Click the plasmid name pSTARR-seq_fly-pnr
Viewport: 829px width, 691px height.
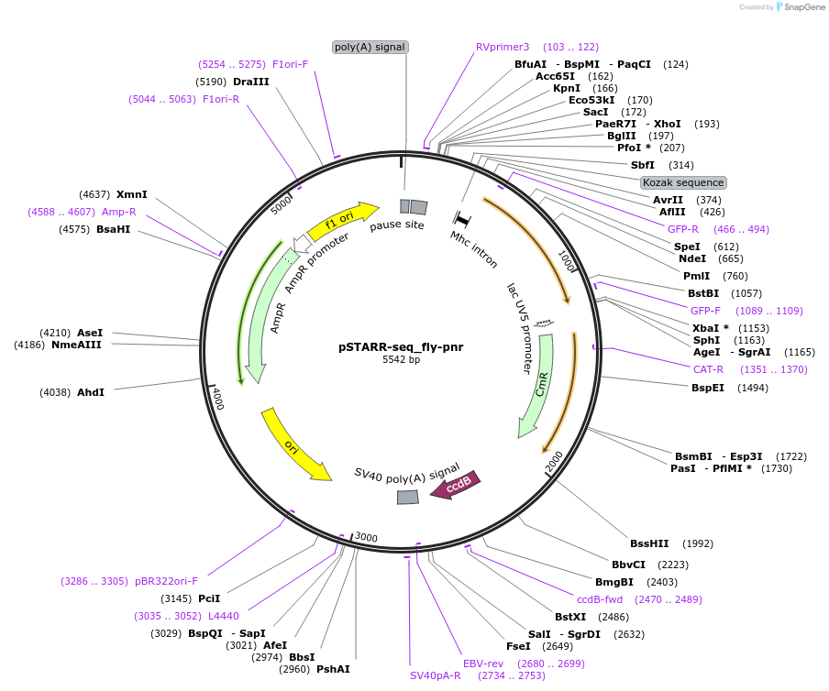(401, 346)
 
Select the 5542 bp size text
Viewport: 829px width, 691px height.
(401, 360)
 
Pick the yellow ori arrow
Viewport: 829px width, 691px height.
(295, 446)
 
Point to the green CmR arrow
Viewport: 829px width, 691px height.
(534, 385)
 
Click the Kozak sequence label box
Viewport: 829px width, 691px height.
(683, 182)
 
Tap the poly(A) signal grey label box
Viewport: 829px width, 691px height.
(370, 47)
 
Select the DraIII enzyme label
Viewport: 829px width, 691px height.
(251, 82)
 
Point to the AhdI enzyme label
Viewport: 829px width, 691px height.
(91, 392)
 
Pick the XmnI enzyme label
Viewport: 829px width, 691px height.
(131, 194)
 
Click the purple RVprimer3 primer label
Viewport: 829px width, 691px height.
(503, 47)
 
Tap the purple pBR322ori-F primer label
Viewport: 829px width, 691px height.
(167, 581)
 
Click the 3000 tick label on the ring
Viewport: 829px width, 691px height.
(367, 538)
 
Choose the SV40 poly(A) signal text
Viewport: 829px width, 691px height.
(407, 475)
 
